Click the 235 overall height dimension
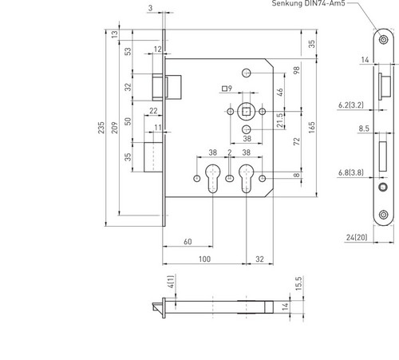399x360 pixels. [101, 128]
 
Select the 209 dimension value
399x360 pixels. [114, 128]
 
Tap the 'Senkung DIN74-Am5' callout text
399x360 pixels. [308, 3]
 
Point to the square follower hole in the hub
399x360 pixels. [247, 112]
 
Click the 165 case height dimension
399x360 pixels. [312, 128]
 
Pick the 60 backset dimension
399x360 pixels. [188, 242]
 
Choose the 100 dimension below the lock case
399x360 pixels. [204, 259]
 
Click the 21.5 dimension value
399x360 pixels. [280, 121]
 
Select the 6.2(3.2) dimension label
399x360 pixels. [351, 105]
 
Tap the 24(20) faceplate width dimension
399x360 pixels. [357, 237]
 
